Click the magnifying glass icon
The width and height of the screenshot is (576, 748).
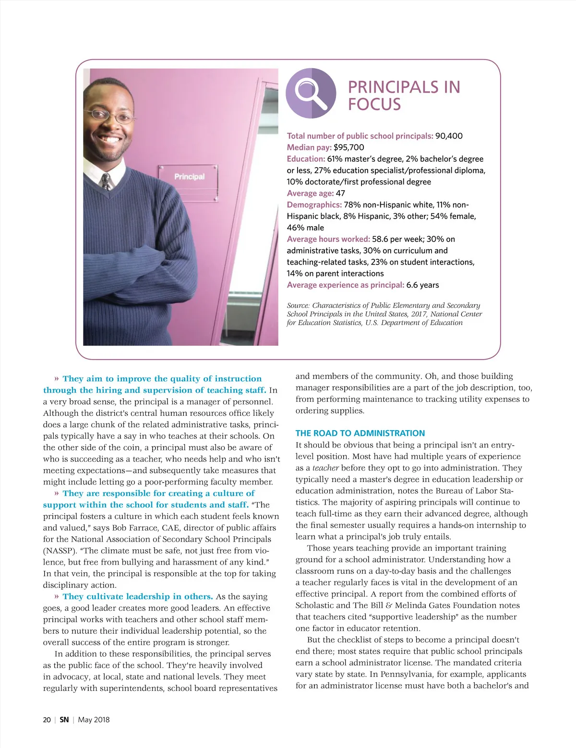[x=311, y=93]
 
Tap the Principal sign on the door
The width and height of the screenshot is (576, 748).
[x=189, y=177]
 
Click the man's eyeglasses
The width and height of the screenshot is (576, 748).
[x=109, y=115]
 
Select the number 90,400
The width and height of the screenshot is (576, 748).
[x=449, y=136]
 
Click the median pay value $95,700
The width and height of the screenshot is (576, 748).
[x=349, y=147]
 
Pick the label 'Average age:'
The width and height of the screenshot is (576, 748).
[x=310, y=193]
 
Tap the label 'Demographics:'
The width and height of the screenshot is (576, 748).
[x=314, y=205]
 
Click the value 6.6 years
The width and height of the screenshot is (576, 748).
[x=422, y=285]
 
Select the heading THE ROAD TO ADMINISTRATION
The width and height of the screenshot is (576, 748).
[x=360, y=433]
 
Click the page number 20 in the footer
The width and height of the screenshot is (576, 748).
[x=47, y=720]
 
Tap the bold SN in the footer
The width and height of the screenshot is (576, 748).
[x=64, y=720]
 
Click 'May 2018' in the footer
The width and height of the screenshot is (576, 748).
[x=94, y=720]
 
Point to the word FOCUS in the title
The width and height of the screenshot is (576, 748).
[x=374, y=104]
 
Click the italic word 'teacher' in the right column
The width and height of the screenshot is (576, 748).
[x=325, y=468]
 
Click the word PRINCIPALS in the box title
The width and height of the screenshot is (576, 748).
[x=393, y=87]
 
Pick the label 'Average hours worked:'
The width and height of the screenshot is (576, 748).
[x=328, y=239]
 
